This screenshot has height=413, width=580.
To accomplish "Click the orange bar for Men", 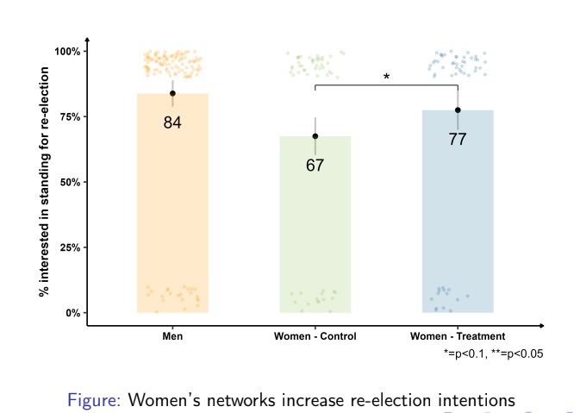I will coord(172,216).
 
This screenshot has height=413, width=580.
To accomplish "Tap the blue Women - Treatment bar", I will coord(458,224).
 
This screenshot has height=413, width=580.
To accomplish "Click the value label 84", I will coord(172,122).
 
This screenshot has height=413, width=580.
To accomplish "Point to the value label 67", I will coord(315,165).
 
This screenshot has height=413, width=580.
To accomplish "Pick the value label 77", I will coord(458,139).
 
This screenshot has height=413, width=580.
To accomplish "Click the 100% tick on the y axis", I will coord(68,52).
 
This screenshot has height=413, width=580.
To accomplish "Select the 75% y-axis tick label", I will coord(70,116).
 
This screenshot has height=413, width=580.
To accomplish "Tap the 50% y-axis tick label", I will coord(70,182).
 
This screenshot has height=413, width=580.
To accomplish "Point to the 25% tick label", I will coord(70,247).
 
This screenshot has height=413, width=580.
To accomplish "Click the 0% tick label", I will coord(72,312).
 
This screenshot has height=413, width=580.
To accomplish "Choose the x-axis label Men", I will coord(172,336).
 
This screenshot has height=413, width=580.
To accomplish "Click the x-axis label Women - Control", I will coord(315,336).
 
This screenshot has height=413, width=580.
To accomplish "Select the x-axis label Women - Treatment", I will coord(458,336).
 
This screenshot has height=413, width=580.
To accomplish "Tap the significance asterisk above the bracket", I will coord(386,78).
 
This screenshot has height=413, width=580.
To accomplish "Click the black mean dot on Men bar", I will coord(172,93).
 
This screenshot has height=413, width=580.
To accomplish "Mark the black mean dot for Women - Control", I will coord(315,136).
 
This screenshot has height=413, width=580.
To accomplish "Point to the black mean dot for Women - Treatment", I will coord(458,110).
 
